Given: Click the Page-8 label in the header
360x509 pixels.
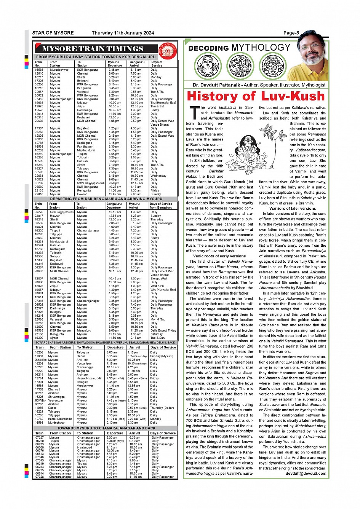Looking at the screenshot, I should pyautogui.click(x=291, y=33).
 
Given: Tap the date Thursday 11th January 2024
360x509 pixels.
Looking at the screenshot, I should pyautogui.click(x=123, y=33).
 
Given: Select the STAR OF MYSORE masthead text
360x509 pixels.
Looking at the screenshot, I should pyautogui.click(x=53, y=33).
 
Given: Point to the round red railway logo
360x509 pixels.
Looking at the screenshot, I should pyautogui.click(x=168, y=50).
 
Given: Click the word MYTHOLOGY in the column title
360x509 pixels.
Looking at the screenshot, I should pyautogui.click(x=261, y=48).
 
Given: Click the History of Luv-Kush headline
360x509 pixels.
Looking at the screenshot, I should pyautogui.click(x=256, y=96).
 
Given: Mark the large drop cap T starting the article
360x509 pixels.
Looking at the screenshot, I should pyautogui.click(x=194, y=113).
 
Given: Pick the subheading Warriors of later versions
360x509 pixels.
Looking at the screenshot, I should pyautogui.click(x=293, y=208).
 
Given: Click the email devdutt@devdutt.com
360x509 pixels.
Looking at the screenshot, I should pyautogui.click(x=306, y=473).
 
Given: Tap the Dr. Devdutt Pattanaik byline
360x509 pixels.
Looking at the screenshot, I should pyautogui.click(x=259, y=85).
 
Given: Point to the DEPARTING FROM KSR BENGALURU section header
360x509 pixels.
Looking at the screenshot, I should pyautogui.click(x=106, y=199).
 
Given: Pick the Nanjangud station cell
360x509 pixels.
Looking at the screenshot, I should pyautogui.click(x=85, y=447).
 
